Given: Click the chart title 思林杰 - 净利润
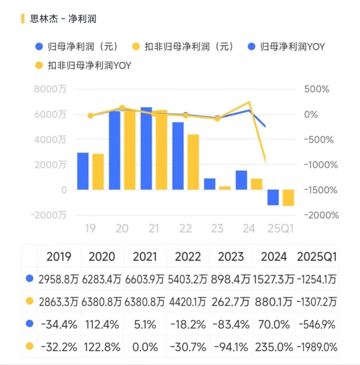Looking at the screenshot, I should [x=63, y=19].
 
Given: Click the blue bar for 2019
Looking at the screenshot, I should [x=83, y=171].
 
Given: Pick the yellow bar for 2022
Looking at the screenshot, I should [x=193, y=162].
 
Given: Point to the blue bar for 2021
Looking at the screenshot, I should [x=146, y=148].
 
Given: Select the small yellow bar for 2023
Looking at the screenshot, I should [x=225, y=188].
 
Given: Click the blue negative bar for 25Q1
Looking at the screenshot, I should [x=273, y=197].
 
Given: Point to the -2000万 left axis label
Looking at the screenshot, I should [x=49, y=215].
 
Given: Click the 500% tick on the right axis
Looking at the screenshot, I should [x=316, y=89].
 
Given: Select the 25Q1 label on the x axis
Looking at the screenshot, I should [x=281, y=229].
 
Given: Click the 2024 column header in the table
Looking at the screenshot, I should [x=274, y=257].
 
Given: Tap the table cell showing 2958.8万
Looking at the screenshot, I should [x=59, y=279].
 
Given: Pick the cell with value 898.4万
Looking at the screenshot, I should [x=231, y=279].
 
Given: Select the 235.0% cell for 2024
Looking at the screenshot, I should [x=274, y=347].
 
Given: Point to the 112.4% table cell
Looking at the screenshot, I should [x=102, y=324].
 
